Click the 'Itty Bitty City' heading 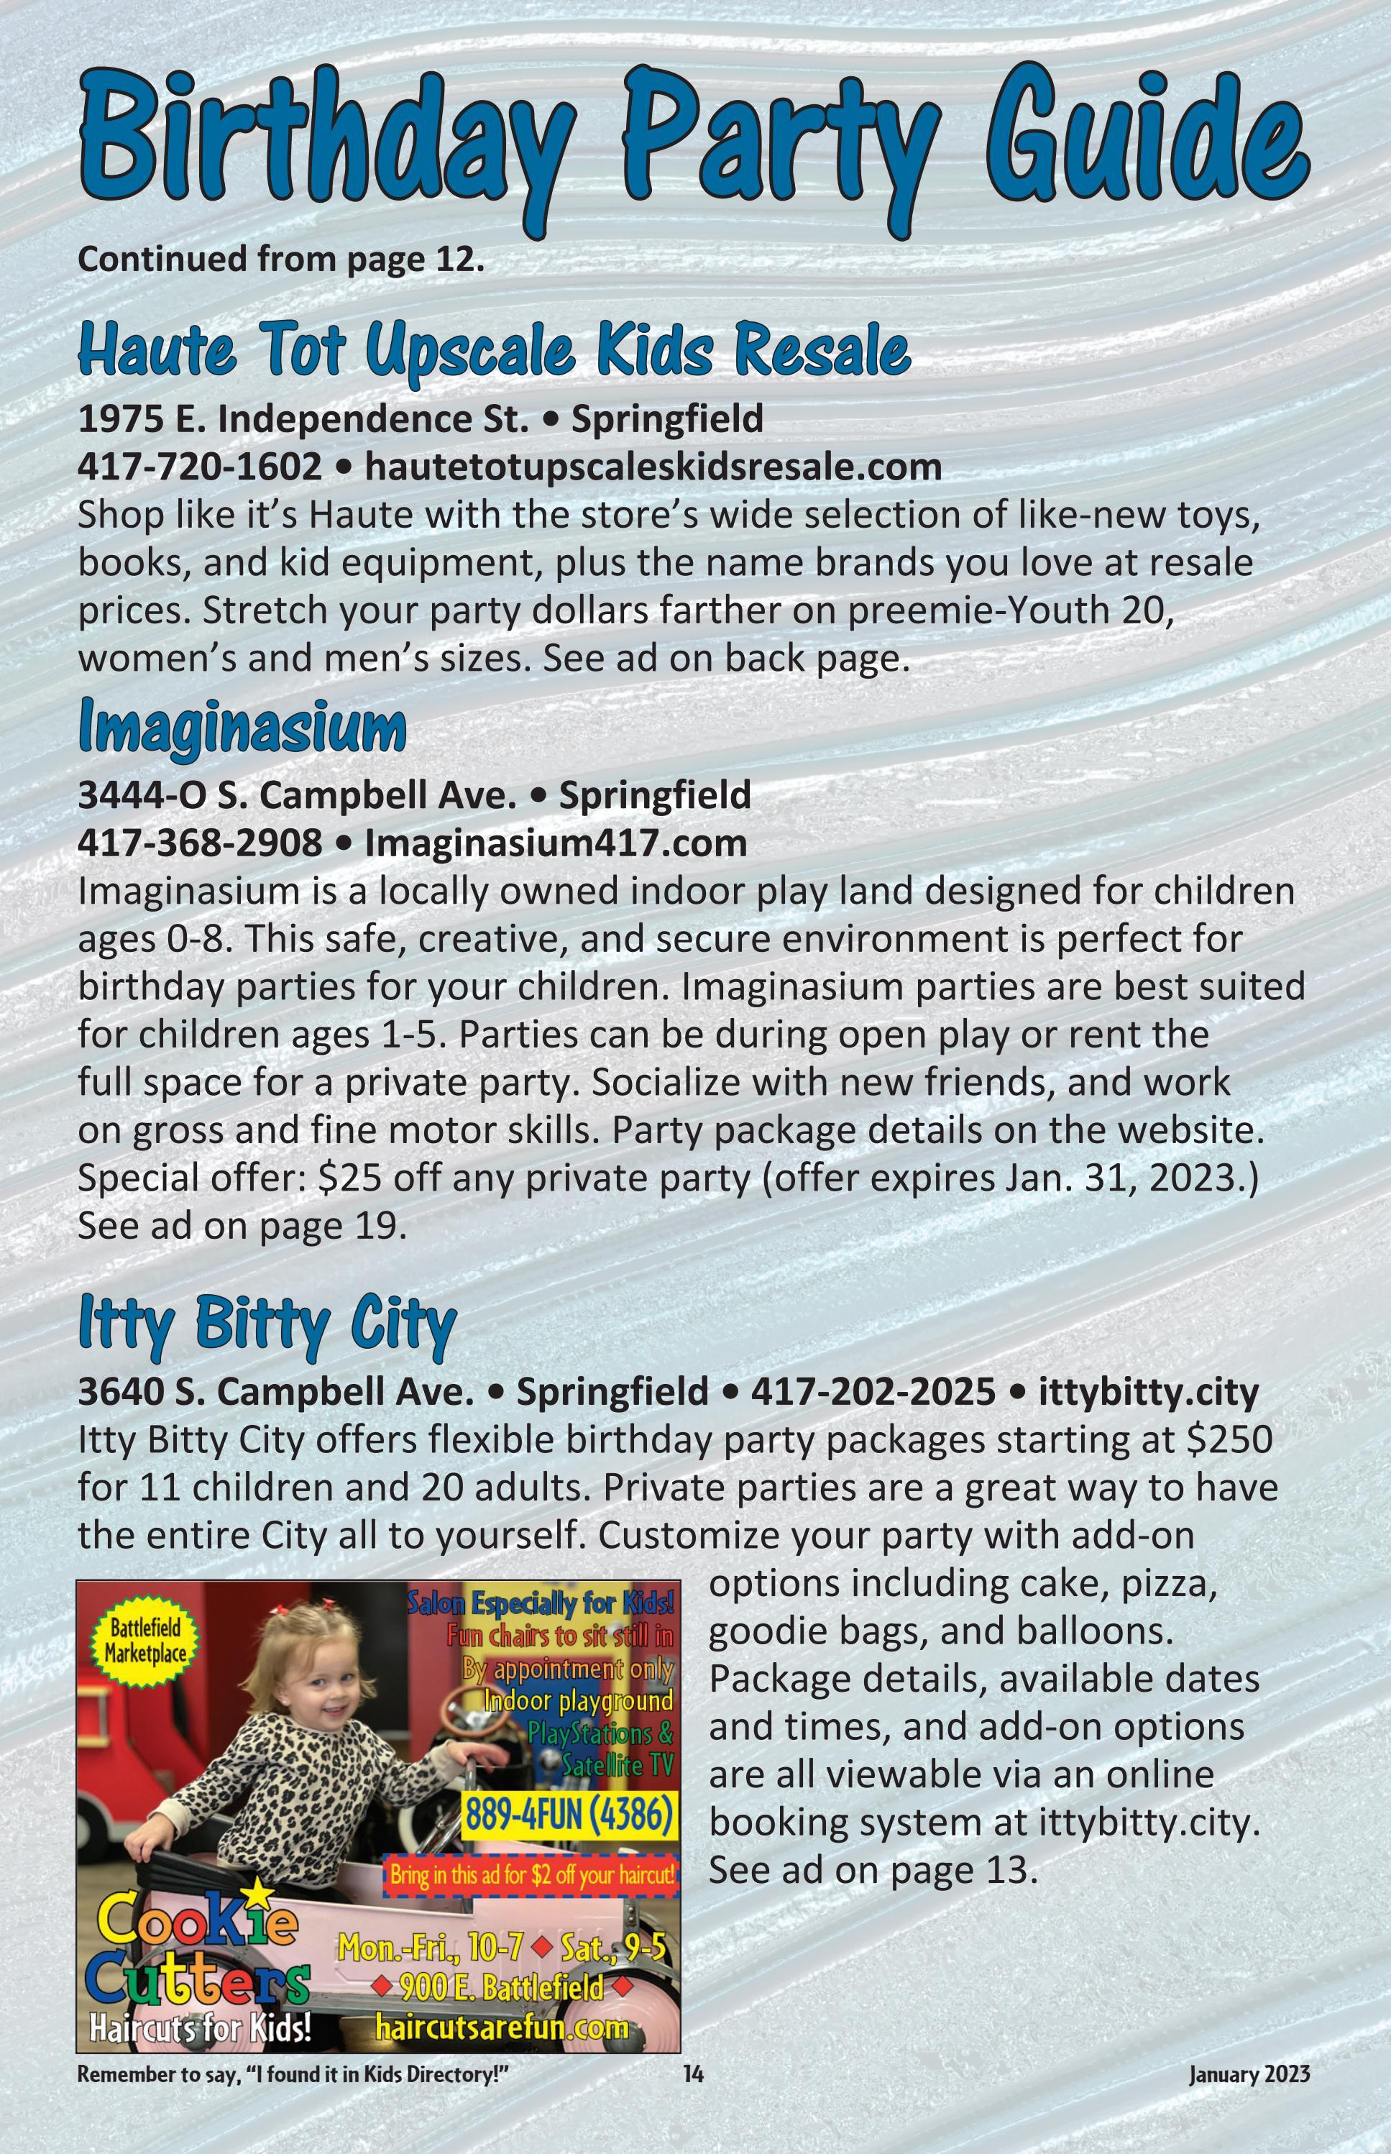267,1323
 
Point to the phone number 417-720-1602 200,467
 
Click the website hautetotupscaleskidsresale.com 652,467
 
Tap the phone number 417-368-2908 200,843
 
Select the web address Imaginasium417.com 556,843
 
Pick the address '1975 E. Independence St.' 303,419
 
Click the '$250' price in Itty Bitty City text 1229,1439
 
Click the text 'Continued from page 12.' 281,260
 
